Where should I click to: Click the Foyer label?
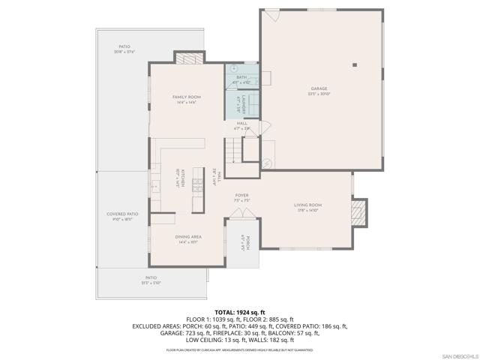point(242,198)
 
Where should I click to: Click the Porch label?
point(244,244)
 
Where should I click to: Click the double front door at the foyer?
point(242,214)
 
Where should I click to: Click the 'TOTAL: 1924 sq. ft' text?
point(239,312)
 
